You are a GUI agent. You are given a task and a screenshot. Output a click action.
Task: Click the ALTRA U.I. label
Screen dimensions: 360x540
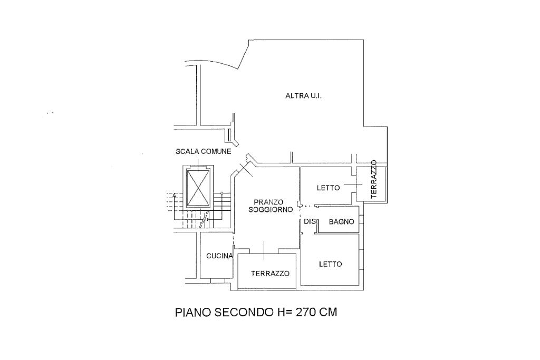pos(303,96)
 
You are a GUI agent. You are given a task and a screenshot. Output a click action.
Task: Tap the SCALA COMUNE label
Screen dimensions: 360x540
pos(203,152)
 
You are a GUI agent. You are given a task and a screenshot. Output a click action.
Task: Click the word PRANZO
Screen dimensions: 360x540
pos(268,202)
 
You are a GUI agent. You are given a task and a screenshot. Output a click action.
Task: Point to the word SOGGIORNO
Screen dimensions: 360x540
pos(271,210)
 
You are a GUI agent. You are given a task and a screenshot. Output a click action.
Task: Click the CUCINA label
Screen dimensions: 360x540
pos(219,256)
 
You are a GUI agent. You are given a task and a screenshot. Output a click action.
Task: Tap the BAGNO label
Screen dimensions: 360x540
pos(341,222)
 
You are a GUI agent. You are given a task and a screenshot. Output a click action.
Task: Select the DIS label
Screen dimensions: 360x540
pos(309,222)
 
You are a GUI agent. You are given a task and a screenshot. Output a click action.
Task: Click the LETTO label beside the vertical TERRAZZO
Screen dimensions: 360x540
pos(328,188)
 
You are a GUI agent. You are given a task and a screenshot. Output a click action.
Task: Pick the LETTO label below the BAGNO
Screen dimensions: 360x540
pos(330,264)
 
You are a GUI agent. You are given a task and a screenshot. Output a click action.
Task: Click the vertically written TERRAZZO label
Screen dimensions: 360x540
pos(374,179)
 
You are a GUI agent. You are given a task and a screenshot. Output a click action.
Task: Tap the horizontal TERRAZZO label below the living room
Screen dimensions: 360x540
pos(270,274)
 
